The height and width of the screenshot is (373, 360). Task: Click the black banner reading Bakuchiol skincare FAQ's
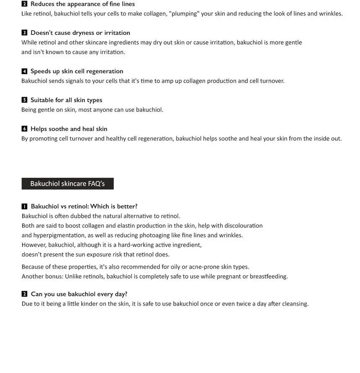pyautogui.click(x=67, y=184)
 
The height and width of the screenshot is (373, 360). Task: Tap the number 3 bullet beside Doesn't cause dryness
pyautogui.click(x=24, y=33)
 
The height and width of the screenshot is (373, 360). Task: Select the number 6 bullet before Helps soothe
pyautogui.click(x=24, y=129)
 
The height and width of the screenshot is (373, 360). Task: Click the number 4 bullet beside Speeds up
pyautogui.click(x=24, y=71)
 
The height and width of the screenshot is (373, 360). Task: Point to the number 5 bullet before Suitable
pyautogui.click(x=24, y=100)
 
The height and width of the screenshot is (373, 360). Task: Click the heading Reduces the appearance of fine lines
pyautogui.click(x=82, y=4)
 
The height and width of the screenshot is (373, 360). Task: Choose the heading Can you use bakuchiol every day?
pyautogui.click(x=79, y=294)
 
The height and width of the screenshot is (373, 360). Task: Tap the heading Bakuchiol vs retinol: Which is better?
pyautogui.click(x=84, y=206)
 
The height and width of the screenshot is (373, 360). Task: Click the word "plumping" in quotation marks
pyautogui.click(x=184, y=13)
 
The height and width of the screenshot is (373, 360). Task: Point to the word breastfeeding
pyautogui.click(x=268, y=276)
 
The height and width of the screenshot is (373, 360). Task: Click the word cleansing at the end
pyautogui.click(x=295, y=303)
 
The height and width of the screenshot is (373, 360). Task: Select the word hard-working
pyautogui.click(x=136, y=245)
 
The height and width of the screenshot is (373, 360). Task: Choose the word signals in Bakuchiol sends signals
pyautogui.click(x=75, y=81)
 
